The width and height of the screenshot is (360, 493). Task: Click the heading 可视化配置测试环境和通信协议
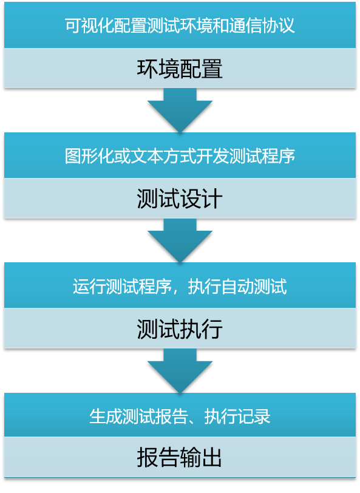pyautogui.click(x=180, y=25)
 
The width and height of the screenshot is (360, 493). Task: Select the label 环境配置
pyautogui.click(x=180, y=69)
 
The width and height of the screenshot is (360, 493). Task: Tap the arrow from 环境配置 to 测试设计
pyautogui.click(x=180, y=110)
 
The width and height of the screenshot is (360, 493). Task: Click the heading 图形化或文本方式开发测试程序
pyautogui.click(x=180, y=155)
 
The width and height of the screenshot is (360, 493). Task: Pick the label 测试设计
pyautogui.click(x=180, y=199)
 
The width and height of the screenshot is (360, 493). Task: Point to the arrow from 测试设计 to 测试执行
pyautogui.click(x=180, y=240)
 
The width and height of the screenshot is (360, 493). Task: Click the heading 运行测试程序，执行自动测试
pyautogui.click(x=180, y=287)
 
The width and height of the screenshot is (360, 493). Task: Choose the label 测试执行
pyautogui.click(x=180, y=329)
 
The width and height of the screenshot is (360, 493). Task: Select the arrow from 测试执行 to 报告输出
pyautogui.click(x=180, y=371)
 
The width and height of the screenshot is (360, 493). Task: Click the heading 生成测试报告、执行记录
pyautogui.click(x=180, y=416)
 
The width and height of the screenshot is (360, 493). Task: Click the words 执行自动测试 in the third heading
pyautogui.click(x=237, y=287)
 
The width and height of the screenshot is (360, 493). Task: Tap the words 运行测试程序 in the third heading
pyautogui.click(x=122, y=287)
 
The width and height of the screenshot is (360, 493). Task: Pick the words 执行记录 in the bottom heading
pyautogui.click(x=237, y=416)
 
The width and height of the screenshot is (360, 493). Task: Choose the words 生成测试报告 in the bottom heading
pyautogui.click(x=138, y=416)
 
